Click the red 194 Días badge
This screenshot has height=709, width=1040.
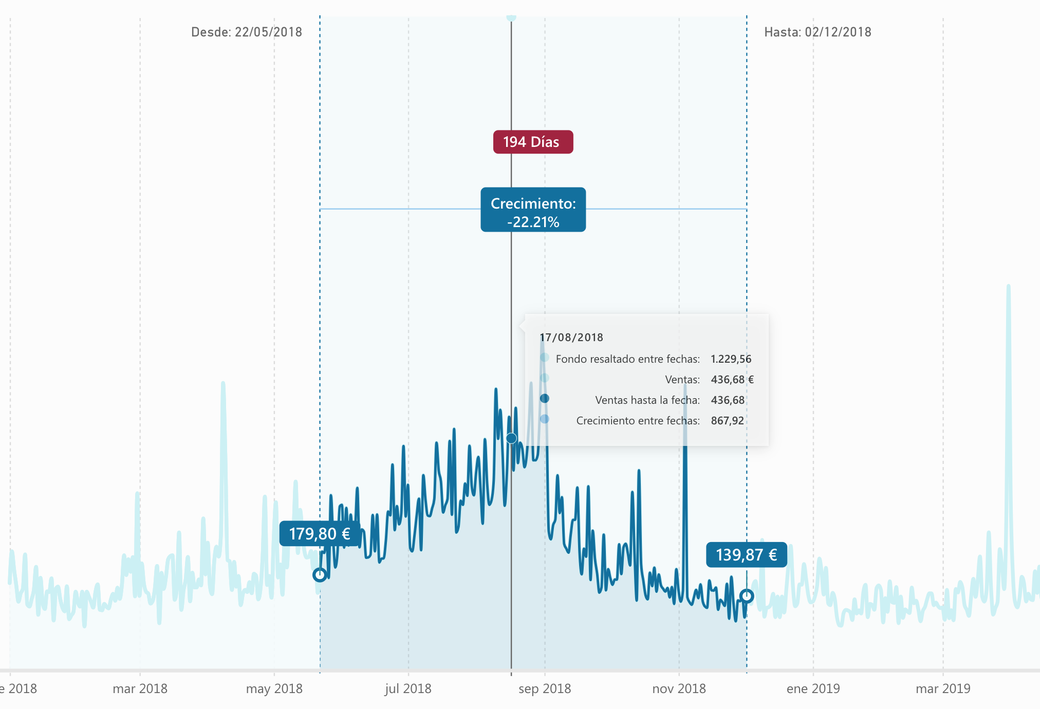click(x=533, y=142)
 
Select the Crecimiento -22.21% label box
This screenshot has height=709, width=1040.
click(x=533, y=210)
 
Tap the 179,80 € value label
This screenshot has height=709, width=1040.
click(x=319, y=534)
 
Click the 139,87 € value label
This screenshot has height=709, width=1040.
click(x=746, y=555)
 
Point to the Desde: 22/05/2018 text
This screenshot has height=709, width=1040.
click(x=247, y=32)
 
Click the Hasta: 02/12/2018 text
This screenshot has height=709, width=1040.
click(x=818, y=32)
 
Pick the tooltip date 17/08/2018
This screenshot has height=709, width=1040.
click(x=571, y=338)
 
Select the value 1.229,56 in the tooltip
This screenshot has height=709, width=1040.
click(x=731, y=359)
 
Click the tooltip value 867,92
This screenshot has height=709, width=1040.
click(x=727, y=421)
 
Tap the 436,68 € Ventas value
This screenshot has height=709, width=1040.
click(x=732, y=380)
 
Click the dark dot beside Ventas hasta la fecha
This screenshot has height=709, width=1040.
click(x=545, y=399)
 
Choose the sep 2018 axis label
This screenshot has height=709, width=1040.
click(x=545, y=688)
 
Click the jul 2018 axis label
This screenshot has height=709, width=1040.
click(x=408, y=688)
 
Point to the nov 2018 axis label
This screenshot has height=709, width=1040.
click(x=679, y=688)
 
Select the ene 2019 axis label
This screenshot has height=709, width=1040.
click(x=813, y=688)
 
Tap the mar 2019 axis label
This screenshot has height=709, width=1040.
click(x=943, y=688)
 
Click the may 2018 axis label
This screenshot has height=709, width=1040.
click(x=274, y=688)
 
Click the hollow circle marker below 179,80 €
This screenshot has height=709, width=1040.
click(x=320, y=575)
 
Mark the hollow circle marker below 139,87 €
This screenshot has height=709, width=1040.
click(x=747, y=596)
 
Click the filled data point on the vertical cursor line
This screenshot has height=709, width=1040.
click(x=511, y=438)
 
